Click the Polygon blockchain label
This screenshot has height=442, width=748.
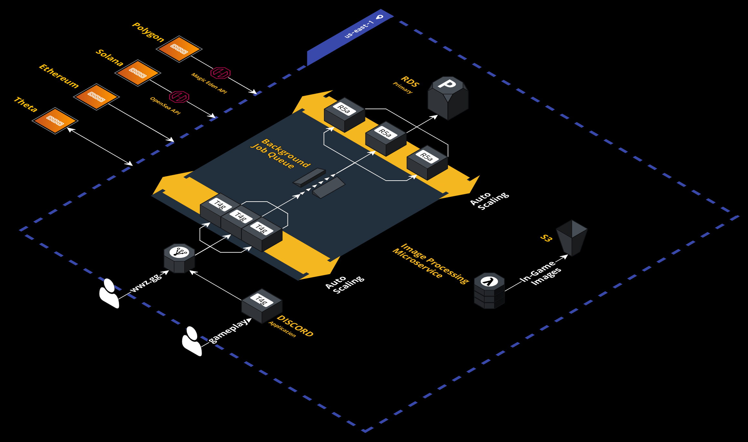coord(148,32)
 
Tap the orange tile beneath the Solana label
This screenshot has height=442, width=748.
coord(138,73)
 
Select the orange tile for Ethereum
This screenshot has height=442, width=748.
coord(96,97)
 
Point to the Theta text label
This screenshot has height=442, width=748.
coord(26,104)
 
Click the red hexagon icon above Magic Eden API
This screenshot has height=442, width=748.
coord(220,73)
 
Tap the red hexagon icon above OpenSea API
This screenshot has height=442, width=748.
coord(179,97)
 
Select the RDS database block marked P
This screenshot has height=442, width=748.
coord(448,97)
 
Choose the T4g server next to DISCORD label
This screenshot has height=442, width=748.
coord(262,305)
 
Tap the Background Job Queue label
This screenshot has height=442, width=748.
coord(280,154)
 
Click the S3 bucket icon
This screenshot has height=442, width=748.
coord(572,237)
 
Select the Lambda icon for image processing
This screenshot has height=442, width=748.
coord(489,290)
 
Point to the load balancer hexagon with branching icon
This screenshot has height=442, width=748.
coord(179,258)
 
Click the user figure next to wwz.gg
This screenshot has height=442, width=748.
coord(109,293)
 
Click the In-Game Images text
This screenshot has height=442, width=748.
coord(541,273)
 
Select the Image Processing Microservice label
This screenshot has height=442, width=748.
coord(430,263)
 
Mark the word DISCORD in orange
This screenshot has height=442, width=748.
coord(295,326)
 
